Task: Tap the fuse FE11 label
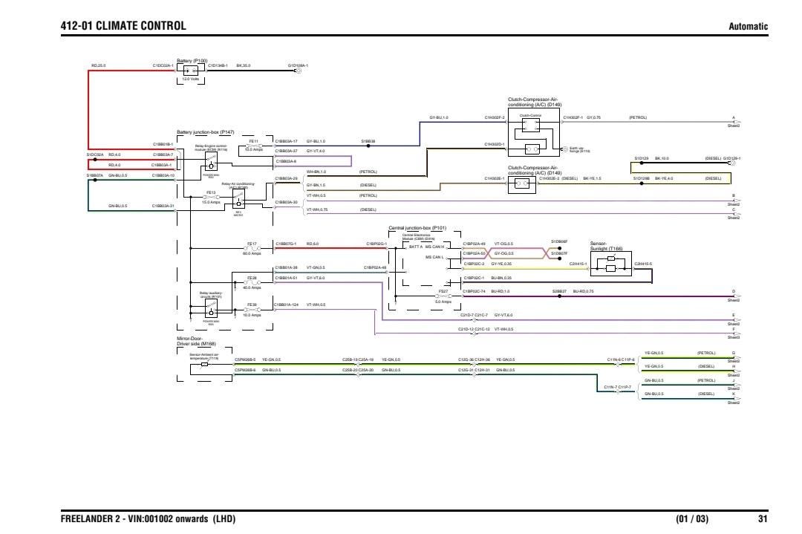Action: coord(253,140)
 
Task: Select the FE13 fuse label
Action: coord(210,192)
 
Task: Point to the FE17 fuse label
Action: coord(252,244)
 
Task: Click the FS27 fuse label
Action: coord(443,291)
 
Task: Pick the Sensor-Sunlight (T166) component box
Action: coord(610,263)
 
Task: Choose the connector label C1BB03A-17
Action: coord(286,140)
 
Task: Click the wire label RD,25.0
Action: coord(99,65)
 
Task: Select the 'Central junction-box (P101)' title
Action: coord(418,228)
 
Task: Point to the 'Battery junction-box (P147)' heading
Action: coord(205,131)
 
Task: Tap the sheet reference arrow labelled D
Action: coord(734,296)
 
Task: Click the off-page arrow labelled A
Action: coord(734,122)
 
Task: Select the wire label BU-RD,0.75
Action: coord(583,291)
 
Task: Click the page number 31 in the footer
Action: coord(762,519)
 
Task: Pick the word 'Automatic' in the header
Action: coord(749,27)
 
